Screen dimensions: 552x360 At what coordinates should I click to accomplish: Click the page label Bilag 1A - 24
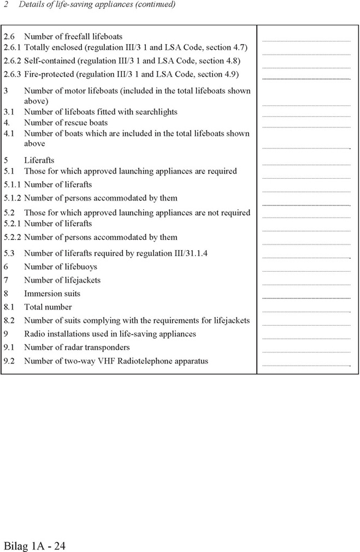tap(35, 545)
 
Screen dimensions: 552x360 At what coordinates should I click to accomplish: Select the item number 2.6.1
tap(11, 48)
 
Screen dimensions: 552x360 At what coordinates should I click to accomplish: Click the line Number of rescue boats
tap(66, 122)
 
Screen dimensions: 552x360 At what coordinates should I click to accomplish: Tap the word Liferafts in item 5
tap(39, 160)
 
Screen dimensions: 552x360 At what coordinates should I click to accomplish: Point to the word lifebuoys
tap(79, 267)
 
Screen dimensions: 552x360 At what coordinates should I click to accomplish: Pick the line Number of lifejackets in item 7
tap(62, 280)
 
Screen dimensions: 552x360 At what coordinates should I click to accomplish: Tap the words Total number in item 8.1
tap(48, 307)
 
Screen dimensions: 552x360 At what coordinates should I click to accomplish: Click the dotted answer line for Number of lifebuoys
tap(306, 271)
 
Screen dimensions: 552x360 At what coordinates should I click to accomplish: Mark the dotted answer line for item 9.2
tap(306, 365)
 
